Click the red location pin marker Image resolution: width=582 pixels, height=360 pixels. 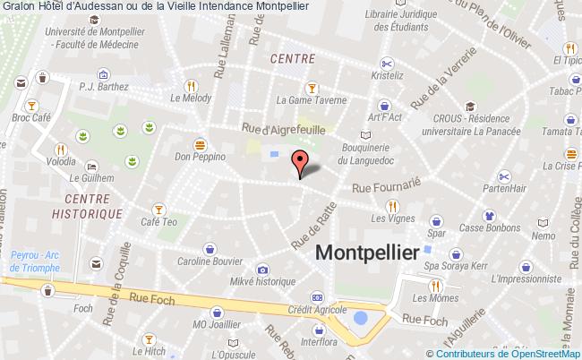[x=301, y=163]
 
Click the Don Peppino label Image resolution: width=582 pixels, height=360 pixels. [x=198, y=155]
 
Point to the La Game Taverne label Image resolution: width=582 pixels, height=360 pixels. [x=312, y=100]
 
